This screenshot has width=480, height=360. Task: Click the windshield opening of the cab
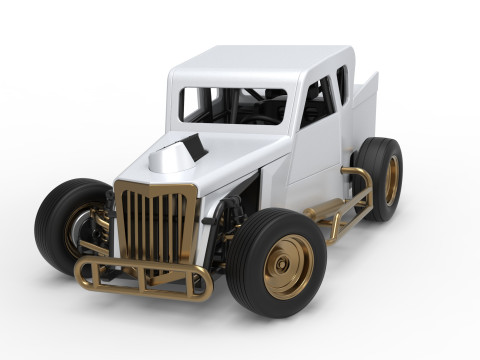coord(232,104)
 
